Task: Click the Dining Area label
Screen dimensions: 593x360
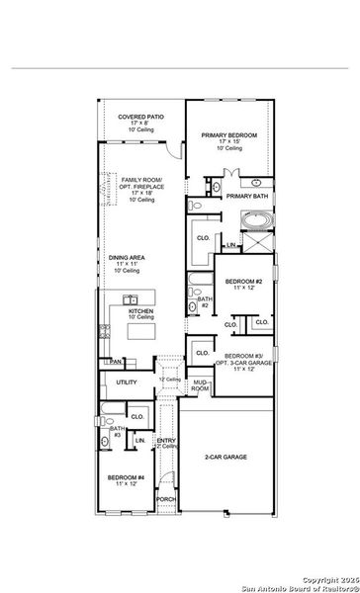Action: [x=125, y=263]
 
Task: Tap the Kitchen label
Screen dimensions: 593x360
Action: [x=141, y=311]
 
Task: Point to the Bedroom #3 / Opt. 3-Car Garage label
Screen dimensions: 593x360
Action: [x=246, y=362]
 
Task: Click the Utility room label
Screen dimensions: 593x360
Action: [x=127, y=381]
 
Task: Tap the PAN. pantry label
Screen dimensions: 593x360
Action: [x=116, y=362]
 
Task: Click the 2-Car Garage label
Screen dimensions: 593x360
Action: [x=226, y=458]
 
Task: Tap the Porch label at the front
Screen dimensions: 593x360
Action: [x=167, y=500]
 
